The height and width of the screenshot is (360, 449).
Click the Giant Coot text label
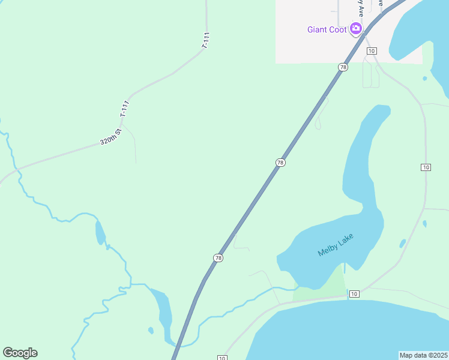[327, 29]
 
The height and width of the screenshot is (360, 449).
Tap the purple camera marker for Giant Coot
[356, 28]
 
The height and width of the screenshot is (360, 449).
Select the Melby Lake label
[336, 245]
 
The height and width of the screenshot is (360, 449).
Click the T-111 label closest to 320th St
[124, 109]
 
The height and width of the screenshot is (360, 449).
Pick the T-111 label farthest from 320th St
[205, 40]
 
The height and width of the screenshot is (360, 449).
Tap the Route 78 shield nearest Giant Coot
[343, 67]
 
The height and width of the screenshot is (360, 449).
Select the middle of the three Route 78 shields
[280, 163]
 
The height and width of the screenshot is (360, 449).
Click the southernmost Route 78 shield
[218, 257]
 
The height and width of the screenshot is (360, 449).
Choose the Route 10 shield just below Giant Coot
[372, 50]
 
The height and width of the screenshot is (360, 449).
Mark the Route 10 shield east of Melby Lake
[426, 167]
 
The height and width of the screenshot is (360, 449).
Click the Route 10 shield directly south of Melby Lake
[354, 293]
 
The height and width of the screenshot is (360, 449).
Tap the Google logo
[20, 353]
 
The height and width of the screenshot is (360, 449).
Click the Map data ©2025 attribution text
[423, 355]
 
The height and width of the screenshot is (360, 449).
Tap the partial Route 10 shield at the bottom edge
[222, 358]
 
